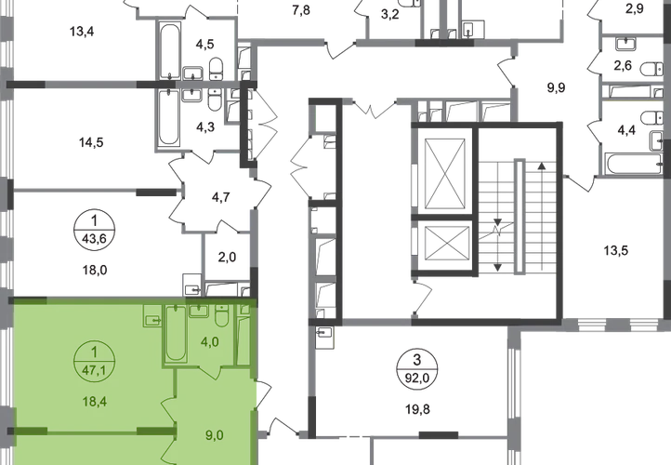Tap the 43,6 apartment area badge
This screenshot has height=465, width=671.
pyautogui.click(x=95, y=232)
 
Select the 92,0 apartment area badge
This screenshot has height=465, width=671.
pyautogui.click(x=417, y=369)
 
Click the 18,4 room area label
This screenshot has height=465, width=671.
pyautogui.click(x=95, y=402)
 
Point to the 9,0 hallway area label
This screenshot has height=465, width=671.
pyautogui.click(x=215, y=435)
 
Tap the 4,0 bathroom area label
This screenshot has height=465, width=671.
pyautogui.click(x=210, y=341)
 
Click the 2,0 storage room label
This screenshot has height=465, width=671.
pyautogui.click(x=227, y=257)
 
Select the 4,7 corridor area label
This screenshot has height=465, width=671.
pyautogui.click(x=221, y=197)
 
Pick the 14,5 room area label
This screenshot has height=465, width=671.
pyautogui.click(x=91, y=141)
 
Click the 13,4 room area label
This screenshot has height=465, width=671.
pyautogui.click(x=82, y=32)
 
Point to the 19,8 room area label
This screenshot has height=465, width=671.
pyautogui.click(x=417, y=409)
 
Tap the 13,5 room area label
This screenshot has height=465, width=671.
pyautogui.click(x=616, y=250)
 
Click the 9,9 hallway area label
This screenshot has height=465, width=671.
pyautogui.click(x=557, y=87)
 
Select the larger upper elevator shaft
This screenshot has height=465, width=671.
pyautogui.click(x=445, y=170)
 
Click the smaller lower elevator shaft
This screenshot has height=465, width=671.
pyautogui.click(x=445, y=243)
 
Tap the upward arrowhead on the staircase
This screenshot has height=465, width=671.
pyautogui.click(x=542, y=166)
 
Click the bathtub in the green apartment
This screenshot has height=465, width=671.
pyautogui.click(x=176, y=334)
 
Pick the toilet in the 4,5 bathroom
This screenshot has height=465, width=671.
pyautogui.click(x=217, y=69)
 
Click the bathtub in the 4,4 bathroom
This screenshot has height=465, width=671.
pyautogui.click(x=635, y=164)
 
